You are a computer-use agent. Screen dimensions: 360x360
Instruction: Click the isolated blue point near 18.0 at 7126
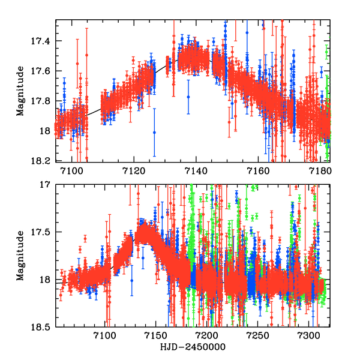point(154,132)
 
